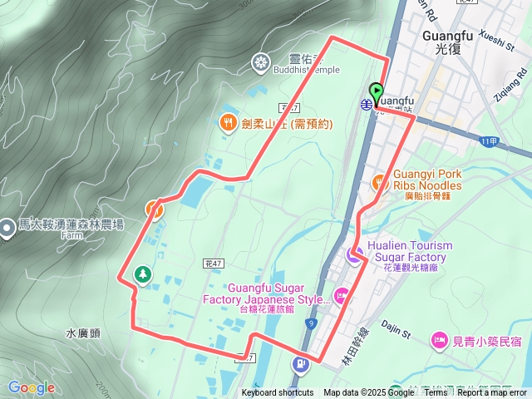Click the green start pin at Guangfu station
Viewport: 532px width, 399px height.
click(x=377, y=93)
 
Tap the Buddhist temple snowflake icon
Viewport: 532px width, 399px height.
click(x=261, y=62)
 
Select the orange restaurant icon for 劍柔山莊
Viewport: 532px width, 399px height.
click(x=228, y=124)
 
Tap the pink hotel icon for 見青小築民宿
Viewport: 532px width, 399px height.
click(x=438, y=341)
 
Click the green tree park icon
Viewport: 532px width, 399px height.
click(x=143, y=274)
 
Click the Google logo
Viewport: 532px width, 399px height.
click(x=32, y=387)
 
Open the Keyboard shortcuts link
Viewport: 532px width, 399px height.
click(x=278, y=393)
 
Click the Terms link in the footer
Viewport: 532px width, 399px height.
click(x=436, y=393)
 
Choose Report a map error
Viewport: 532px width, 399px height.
click(x=492, y=393)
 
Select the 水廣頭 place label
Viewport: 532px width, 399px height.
click(x=82, y=332)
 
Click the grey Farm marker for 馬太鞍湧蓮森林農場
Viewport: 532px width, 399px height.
click(x=7, y=227)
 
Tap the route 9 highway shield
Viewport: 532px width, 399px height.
click(x=311, y=323)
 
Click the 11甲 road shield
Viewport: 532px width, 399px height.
click(x=490, y=142)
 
